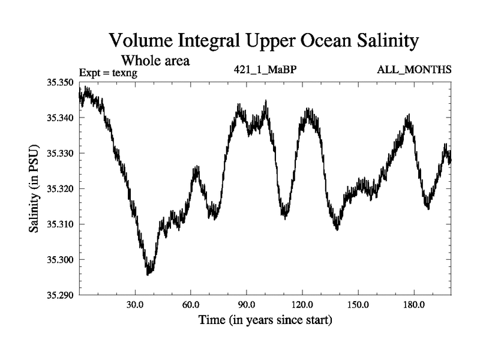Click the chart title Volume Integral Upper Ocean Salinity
click(263, 41)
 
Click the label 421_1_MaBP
click(265, 70)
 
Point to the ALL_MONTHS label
click(414, 70)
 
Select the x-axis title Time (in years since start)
click(265, 320)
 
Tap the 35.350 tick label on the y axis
click(60, 82)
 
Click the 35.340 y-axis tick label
click(60, 118)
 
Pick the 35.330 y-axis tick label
click(60, 153)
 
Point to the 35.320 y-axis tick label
click(60, 188)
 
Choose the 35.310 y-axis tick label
click(60, 224)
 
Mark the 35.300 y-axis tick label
click(60, 260)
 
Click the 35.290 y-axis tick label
click(60, 295)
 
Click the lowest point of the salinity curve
click(148, 274)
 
